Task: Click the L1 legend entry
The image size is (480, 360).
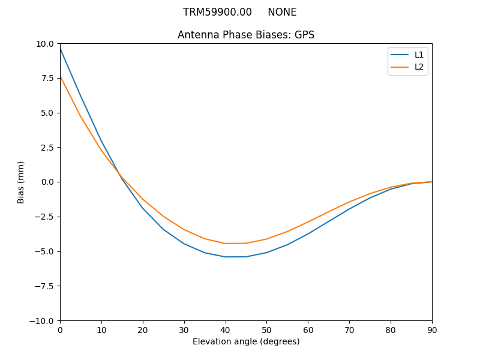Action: (419, 55)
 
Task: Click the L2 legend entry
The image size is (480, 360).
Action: (419, 67)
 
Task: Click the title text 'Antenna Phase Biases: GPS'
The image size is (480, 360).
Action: (246, 35)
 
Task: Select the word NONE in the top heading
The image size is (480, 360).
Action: (282, 12)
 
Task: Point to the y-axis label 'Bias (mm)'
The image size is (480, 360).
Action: (21, 182)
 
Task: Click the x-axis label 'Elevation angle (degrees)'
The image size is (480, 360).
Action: (246, 341)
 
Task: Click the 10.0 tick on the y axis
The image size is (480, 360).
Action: (45, 44)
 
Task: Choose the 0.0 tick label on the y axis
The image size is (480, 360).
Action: (47, 182)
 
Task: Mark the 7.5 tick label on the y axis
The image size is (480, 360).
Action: (47, 78)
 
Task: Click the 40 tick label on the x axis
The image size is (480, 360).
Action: (226, 330)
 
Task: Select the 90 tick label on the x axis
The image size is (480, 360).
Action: (432, 330)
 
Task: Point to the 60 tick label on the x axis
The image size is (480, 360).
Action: (308, 330)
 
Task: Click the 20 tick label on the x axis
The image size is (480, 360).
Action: (143, 330)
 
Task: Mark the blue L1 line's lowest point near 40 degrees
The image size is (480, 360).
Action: (226, 257)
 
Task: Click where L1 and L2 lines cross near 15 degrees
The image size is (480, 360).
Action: (121, 176)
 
